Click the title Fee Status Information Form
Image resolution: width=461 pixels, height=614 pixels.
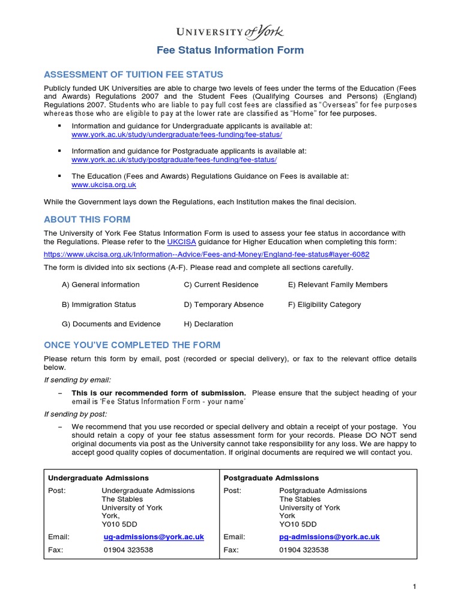[230, 50]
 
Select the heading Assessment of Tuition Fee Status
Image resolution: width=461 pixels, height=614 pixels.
[133, 74]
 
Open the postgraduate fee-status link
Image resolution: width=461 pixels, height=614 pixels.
[174, 160]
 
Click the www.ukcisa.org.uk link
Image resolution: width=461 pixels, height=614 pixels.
[104, 185]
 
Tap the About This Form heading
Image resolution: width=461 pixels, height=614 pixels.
[87, 219]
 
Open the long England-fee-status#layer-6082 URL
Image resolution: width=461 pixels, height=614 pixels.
[206, 254]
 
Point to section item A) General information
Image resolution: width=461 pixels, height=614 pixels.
[100, 285]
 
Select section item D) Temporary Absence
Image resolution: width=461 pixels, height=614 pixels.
[223, 305]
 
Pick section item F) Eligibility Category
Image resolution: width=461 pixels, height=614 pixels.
[324, 305]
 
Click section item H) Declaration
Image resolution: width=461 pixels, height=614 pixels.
[208, 324]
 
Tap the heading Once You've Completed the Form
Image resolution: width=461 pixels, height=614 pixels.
[132, 345]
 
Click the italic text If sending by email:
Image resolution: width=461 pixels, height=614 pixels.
[77, 380]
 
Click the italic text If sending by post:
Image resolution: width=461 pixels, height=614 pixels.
[76, 414]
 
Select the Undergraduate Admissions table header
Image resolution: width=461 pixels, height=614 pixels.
[98, 478]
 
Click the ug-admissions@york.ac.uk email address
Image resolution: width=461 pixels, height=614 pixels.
[154, 537]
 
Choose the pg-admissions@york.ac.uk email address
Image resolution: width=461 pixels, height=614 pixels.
[329, 537]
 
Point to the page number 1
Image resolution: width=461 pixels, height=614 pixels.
[414, 586]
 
